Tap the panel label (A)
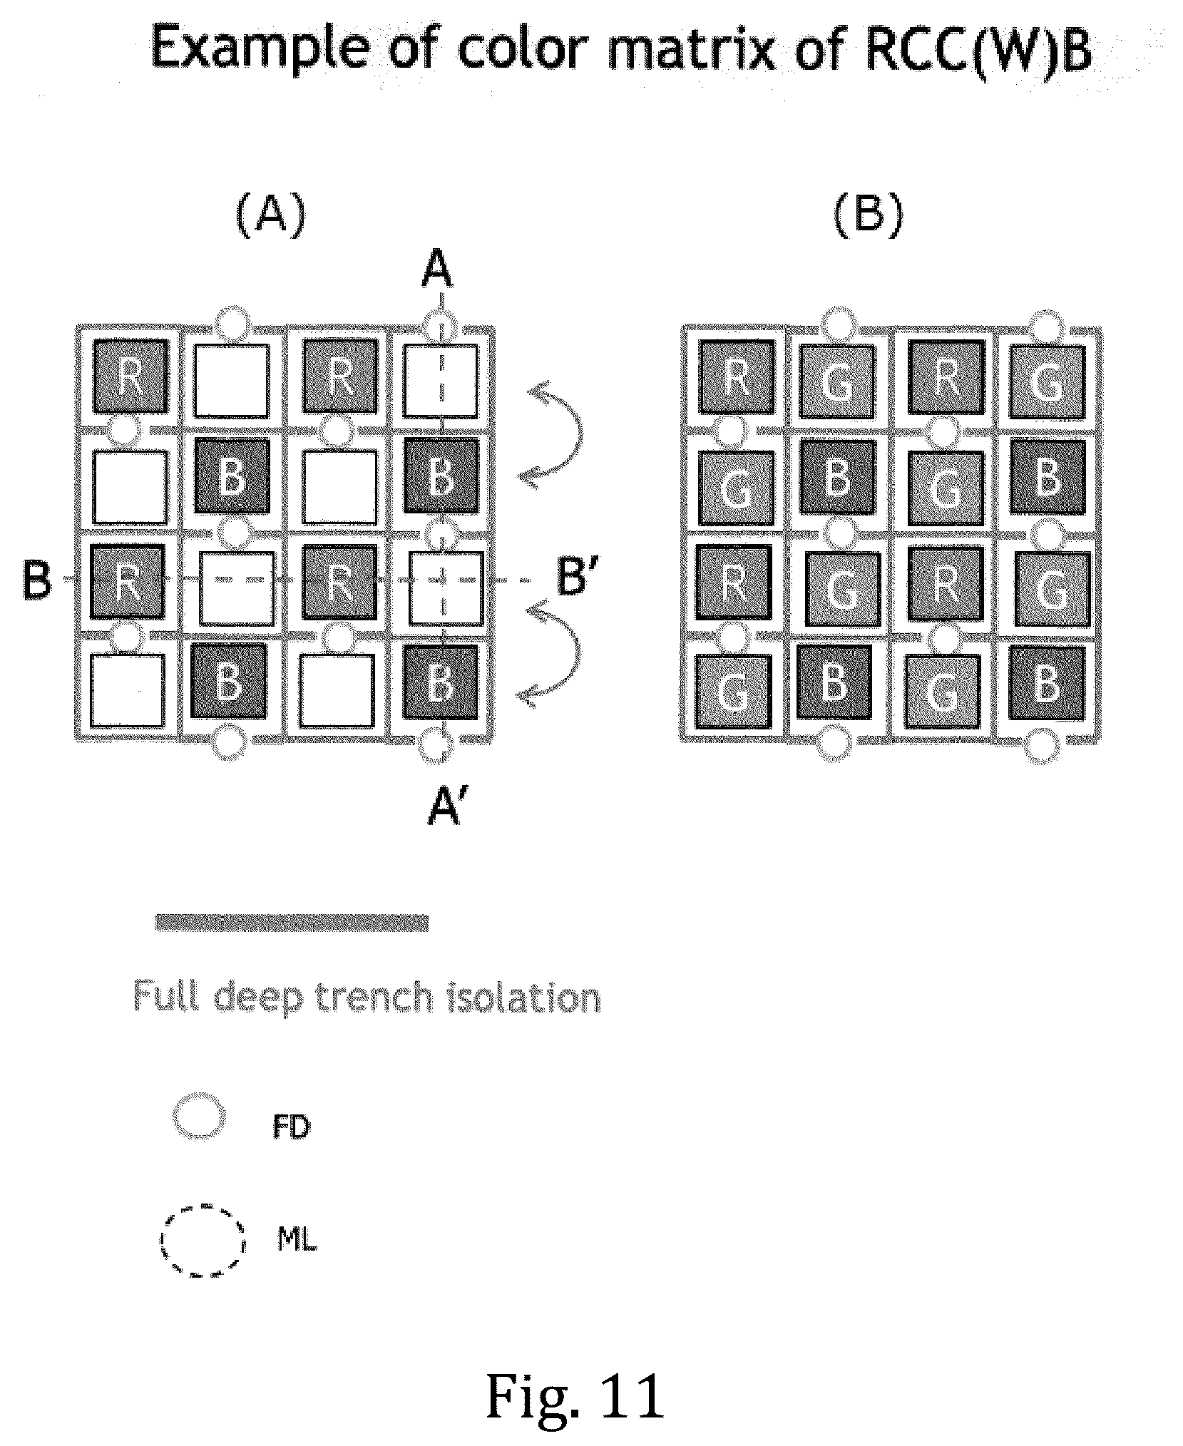(270, 215)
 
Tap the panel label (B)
(869, 215)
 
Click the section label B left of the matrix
(38, 580)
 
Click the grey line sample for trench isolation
(292, 922)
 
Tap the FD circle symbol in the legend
(200, 1117)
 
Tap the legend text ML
(296, 1241)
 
